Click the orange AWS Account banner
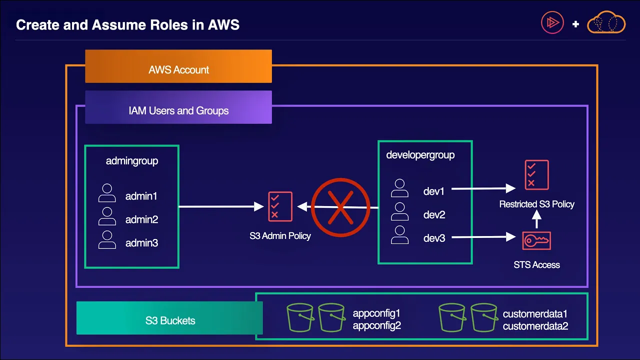pyautogui.click(x=178, y=66)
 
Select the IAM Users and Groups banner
pyautogui.click(x=178, y=107)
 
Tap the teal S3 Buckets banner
pyautogui.click(x=169, y=318)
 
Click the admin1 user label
pyautogui.click(x=141, y=196)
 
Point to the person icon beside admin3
pyautogui.click(x=107, y=239)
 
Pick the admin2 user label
pyautogui.click(x=141, y=219)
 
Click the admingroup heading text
pyautogui.click(x=132, y=161)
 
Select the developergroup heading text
pyautogui.click(x=420, y=155)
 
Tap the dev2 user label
pyautogui.click(x=434, y=214)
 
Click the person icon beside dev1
pyautogui.click(x=399, y=188)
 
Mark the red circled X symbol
pyautogui.click(x=340, y=207)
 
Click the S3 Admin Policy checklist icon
pyautogui.click(x=280, y=206)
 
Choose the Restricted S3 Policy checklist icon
pyautogui.click(x=537, y=175)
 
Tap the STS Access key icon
pyautogui.click(x=536, y=240)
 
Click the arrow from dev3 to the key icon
pyautogui.click(x=483, y=237)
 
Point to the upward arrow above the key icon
pyautogui.click(x=536, y=219)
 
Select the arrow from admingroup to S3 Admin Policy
pyautogui.click(x=221, y=206)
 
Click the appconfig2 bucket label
pyautogui.click(x=377, y=325)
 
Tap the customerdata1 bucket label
pyautogui.click(x=535, y=314)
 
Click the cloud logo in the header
pyautogui.click(x=606, y=22)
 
